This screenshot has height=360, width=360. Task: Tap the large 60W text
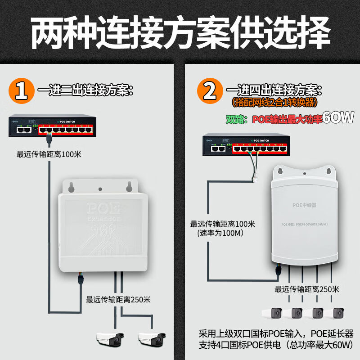point(333,119)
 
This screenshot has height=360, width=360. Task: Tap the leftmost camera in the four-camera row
point(273,313)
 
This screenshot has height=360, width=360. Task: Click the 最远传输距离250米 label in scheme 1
point(118,299)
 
